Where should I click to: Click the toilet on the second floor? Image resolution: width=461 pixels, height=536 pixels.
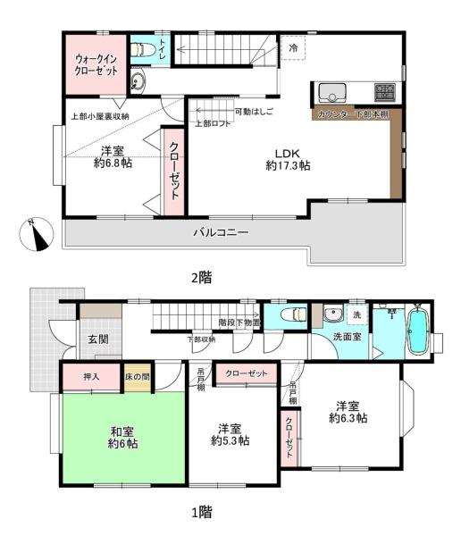click(141, 50)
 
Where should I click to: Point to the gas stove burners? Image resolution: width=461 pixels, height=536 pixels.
click(384, 91)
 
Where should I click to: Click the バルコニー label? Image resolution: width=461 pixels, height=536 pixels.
click(221, 233)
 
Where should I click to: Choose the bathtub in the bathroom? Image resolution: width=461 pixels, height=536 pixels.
click(417, 333)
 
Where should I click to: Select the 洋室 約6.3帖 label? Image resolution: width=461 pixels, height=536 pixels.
click(349, 411)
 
